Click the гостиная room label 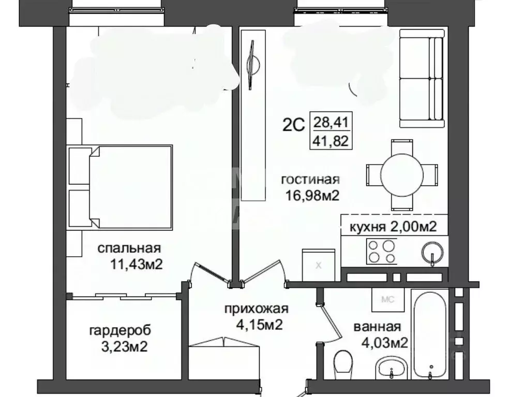pyautogui.click(x=310, y=180)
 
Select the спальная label pyautogui.click(x=129, y=248)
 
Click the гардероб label pyautogui.click(x=121, y=330)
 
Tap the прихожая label pyautogui.click(x=256, y=310)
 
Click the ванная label pyautogui.click(x=377, y=327)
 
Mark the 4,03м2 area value pyautogui.click(x=382, y=342)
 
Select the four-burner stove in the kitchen pyautogui.click(x=382, y=252)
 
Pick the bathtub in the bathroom pyautogui.click(x=430, y=335)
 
